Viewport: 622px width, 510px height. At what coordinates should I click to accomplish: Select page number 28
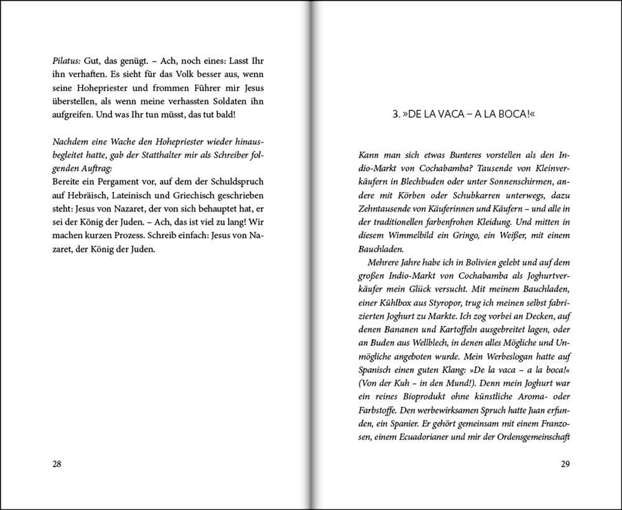[57, 464]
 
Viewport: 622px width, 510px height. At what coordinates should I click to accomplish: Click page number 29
[565, 464]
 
